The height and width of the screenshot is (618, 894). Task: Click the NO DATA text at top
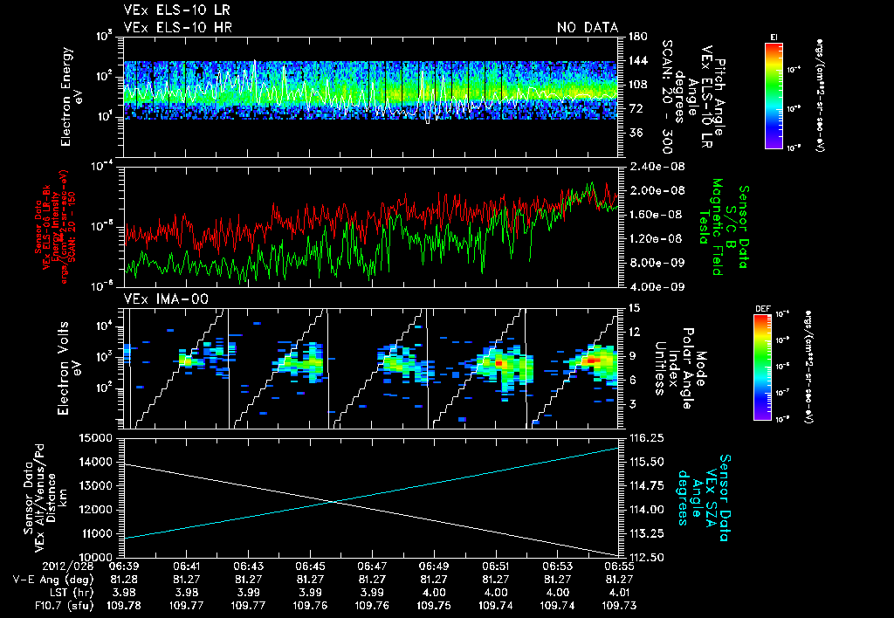pos(588,28)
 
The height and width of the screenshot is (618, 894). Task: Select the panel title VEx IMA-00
pos(159,299)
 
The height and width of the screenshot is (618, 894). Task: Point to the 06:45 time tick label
pos(311,566)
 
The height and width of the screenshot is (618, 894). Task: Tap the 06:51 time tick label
pos(496,566)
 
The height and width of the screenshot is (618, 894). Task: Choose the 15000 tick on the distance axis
pos(102,437)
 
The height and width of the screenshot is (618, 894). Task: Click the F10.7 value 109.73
pos(619,603)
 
